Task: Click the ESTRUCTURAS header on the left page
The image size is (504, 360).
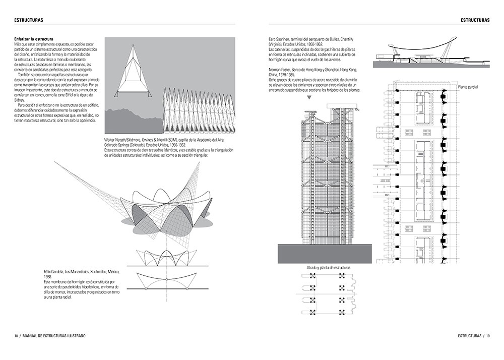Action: tap(28, 20)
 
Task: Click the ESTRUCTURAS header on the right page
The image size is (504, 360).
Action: tap(475, 20)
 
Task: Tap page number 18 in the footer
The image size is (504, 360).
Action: tap(16, 336)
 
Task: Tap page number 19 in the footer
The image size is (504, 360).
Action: tap(488, 336)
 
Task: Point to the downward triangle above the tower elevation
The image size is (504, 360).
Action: tap(309, 98)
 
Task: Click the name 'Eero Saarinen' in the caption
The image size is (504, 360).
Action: tap(283, 39)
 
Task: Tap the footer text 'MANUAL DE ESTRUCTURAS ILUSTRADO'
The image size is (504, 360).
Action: tap(54, 336)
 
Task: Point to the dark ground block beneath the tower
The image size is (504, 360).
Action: tap(324, 254)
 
